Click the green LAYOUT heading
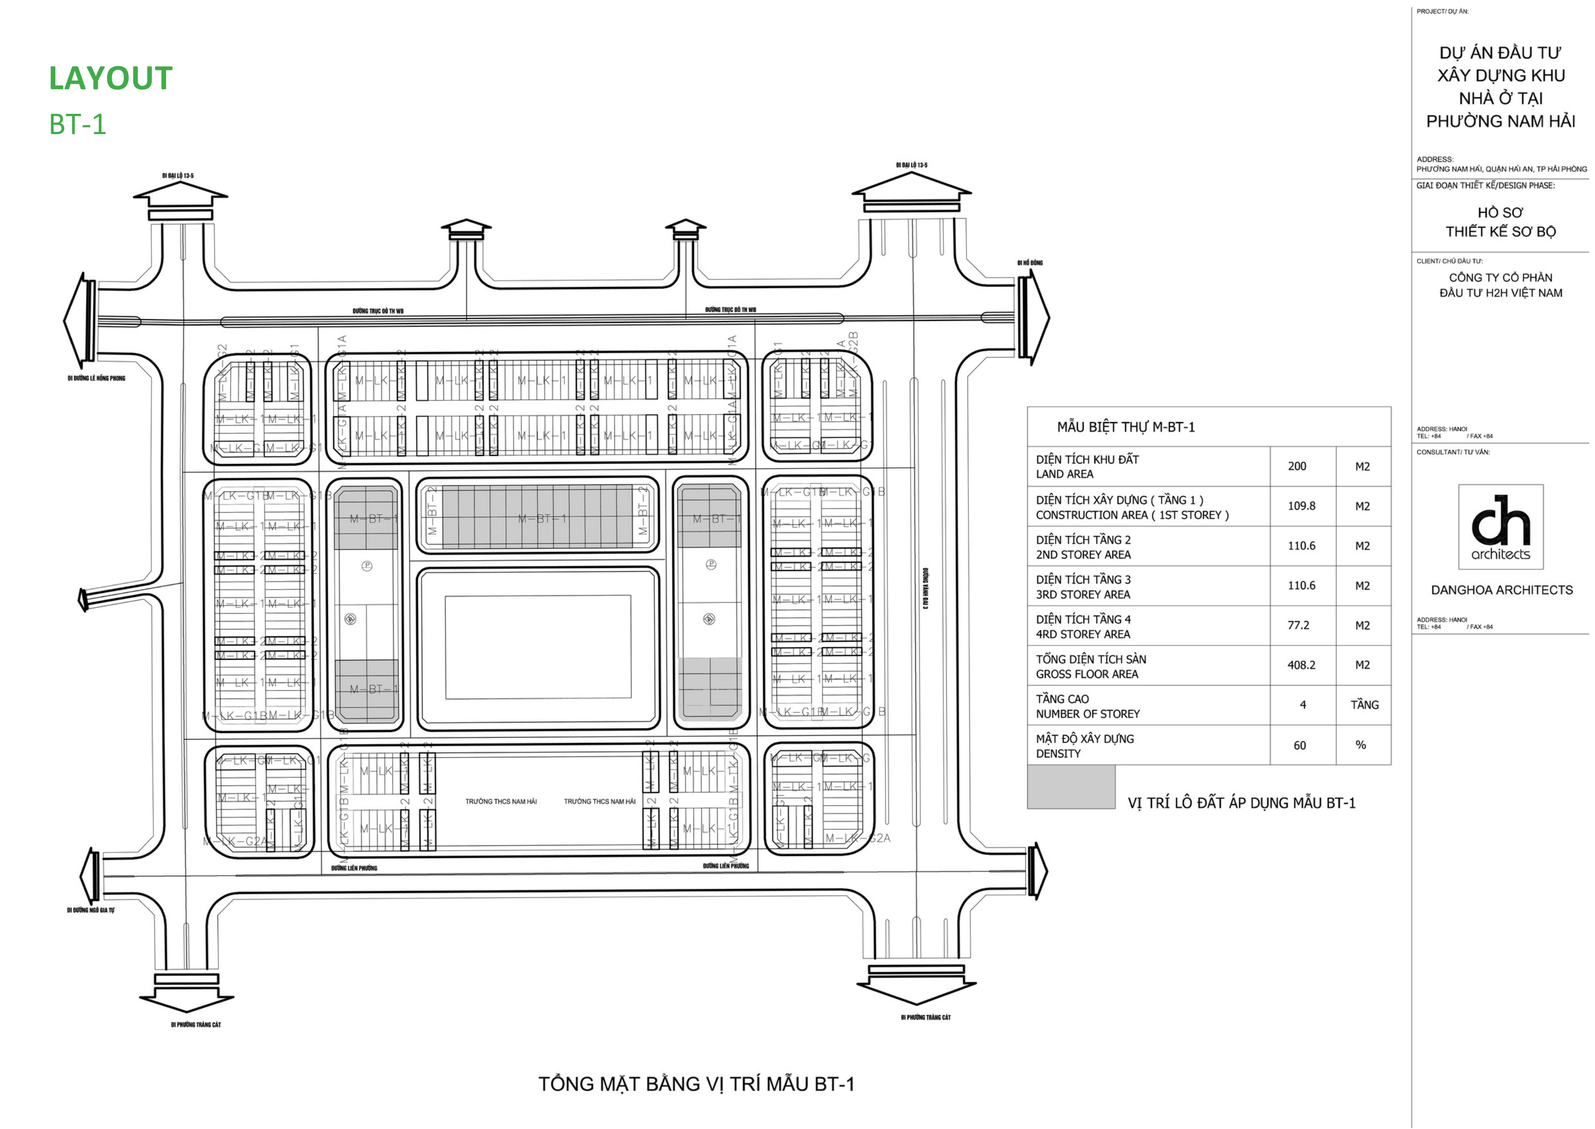[x=110, y=79]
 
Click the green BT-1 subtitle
[x=78, y=124]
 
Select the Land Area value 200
[x=1297, y=467]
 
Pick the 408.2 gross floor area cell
[x=1301, y=665]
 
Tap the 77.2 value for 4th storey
[x=1297, y=626]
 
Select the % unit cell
[x=1361, y=745]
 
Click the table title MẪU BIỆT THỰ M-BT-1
[x=1126, y=427]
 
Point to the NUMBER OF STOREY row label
[x=1088, y=714]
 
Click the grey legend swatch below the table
[x=1071, y=787]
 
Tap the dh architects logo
[x=1500, y=527]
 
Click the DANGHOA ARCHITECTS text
[x=1501, y=590]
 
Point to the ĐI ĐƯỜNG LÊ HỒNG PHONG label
[x=96, y=378]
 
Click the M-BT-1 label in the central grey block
[x=542, y=519]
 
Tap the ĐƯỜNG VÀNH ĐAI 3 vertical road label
[x=925, y=588]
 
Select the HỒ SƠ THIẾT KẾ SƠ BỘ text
[x=1500, y=222]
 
